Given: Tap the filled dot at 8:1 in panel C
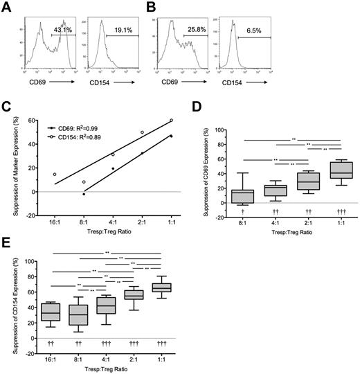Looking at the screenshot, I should [84, 194].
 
